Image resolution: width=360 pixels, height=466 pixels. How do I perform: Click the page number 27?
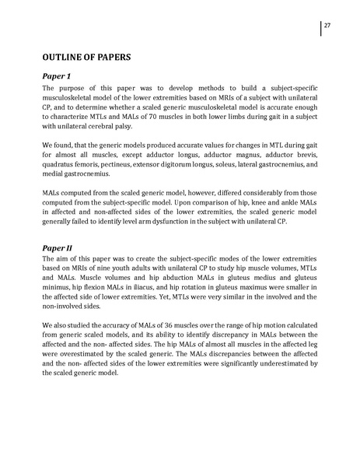(328, 25)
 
